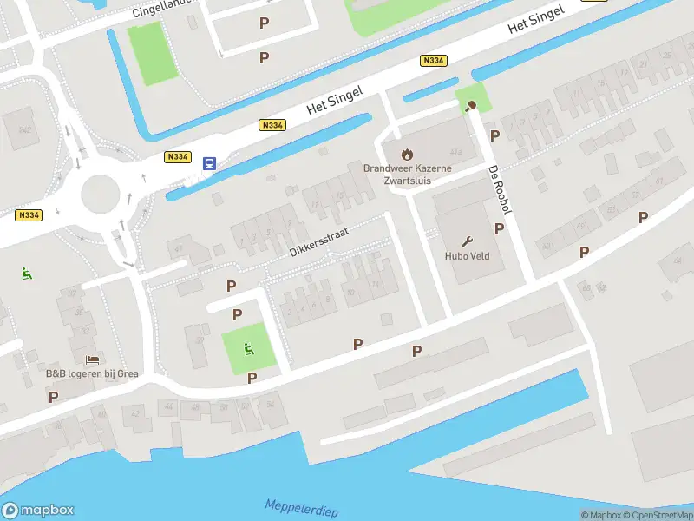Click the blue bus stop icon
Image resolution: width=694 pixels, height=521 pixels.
click(209, 162)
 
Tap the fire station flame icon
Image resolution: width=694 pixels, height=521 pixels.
click(396, 155)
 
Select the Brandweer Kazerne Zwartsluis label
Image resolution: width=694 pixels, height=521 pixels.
click(396, 175)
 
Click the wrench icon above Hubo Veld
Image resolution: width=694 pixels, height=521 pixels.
click(468, 241)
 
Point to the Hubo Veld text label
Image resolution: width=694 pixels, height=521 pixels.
click(468, 257)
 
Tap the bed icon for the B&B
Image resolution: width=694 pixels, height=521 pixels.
click(92, 359)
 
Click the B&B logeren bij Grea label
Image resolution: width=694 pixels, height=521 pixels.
click(92, 374)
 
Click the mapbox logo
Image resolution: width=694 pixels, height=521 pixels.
click(37, 511)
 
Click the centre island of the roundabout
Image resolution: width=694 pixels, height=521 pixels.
click(99, 194)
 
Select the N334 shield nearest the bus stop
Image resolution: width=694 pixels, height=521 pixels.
click(177, 156)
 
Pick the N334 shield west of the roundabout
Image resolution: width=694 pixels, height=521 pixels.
click(28, 215)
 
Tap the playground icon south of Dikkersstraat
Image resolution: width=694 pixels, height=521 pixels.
click(249, 349)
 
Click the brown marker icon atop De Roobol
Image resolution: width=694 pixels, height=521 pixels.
click(470, 107)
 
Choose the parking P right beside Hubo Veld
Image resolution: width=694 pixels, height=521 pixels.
click(499, 229)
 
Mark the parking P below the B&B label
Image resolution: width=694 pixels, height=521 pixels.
click(53, 397)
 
